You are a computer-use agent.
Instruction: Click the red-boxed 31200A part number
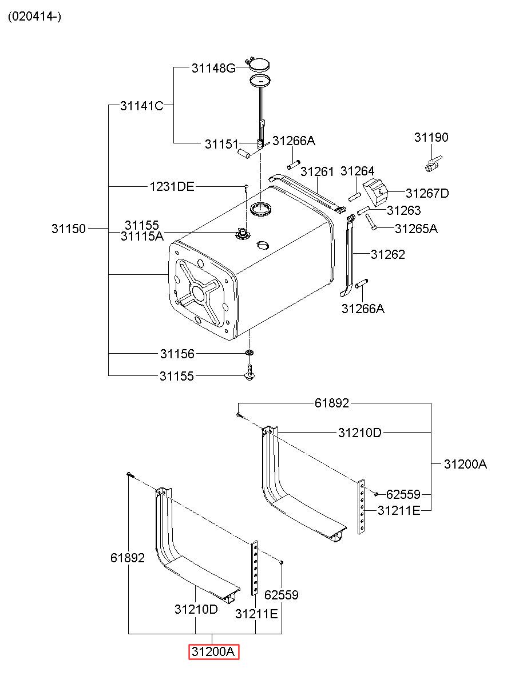(x=214, y=651)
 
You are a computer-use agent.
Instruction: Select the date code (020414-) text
(x=34, y=17)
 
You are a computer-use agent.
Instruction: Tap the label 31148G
(x=213, y=69)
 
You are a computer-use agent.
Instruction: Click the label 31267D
(x=427, y=194)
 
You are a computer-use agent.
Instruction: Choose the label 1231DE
(x=172, y=186)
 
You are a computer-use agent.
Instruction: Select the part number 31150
(x=69, y=229)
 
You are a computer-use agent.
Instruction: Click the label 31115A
(x=142, y=235)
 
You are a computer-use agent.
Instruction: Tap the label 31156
(x=177, y=354)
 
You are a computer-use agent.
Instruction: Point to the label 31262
(x=387, y=254)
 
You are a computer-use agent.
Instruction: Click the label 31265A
(x=416, y=229)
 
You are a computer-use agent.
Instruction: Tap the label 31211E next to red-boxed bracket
(x=256, y=614)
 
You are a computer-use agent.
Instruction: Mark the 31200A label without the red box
(x=465, y=464)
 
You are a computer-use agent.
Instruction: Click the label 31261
(x=317, y=171)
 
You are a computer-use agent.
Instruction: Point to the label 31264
(x=357, y=171)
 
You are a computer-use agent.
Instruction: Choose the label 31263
(x=403, y=210)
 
